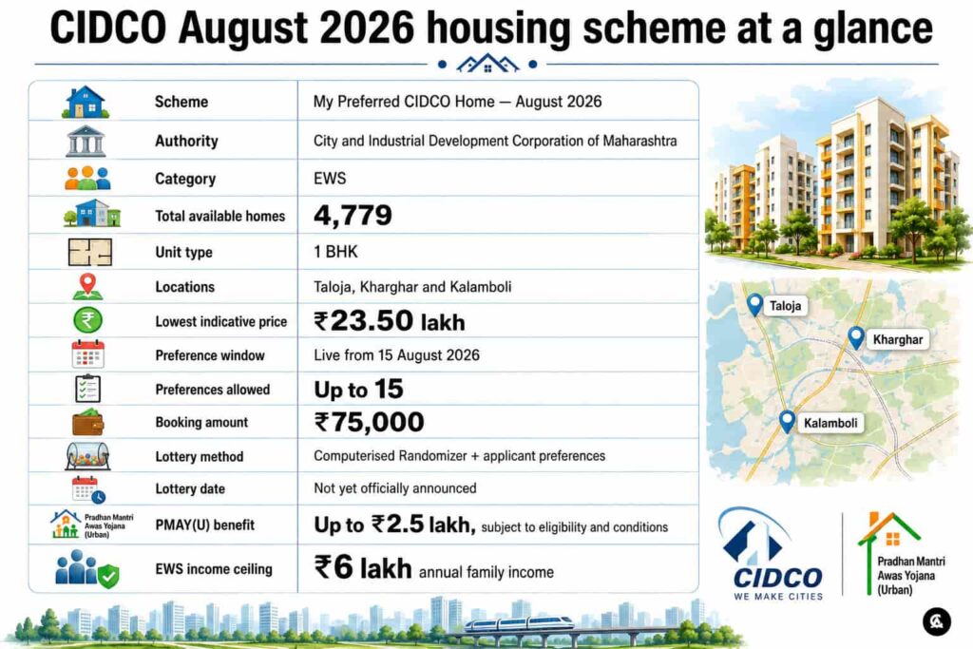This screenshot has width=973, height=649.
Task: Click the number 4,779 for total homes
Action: tap(353, 216)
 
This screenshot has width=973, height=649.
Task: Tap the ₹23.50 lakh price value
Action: tap(389, 321)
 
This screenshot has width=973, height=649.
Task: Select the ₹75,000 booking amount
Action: tap(369, 423)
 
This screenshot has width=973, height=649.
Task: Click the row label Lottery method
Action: tap(200, 457)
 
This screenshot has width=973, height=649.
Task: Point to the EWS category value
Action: tap(330, 179)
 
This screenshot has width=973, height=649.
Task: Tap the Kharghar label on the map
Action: tap(898, 339)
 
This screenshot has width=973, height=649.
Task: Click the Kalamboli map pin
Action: tap(787, 421)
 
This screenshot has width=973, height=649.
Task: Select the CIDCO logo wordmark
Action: tap(778, 579)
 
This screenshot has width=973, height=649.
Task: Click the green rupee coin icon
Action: tap(88, 320)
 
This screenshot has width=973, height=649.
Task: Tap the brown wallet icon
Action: tap(88, 422)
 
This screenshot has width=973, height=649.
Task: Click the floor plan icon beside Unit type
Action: tap(90, 252)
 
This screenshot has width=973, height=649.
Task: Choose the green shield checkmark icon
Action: tap(108, 576)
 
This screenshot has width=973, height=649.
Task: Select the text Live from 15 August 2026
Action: tap(396, 355)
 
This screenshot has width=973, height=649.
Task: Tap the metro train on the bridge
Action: tap(520, 622)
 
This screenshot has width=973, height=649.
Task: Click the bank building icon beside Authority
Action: tap(86, 141)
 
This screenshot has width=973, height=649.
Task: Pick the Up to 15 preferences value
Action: tap(358, 390)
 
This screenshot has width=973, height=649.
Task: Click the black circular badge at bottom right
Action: tap(936, 621)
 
